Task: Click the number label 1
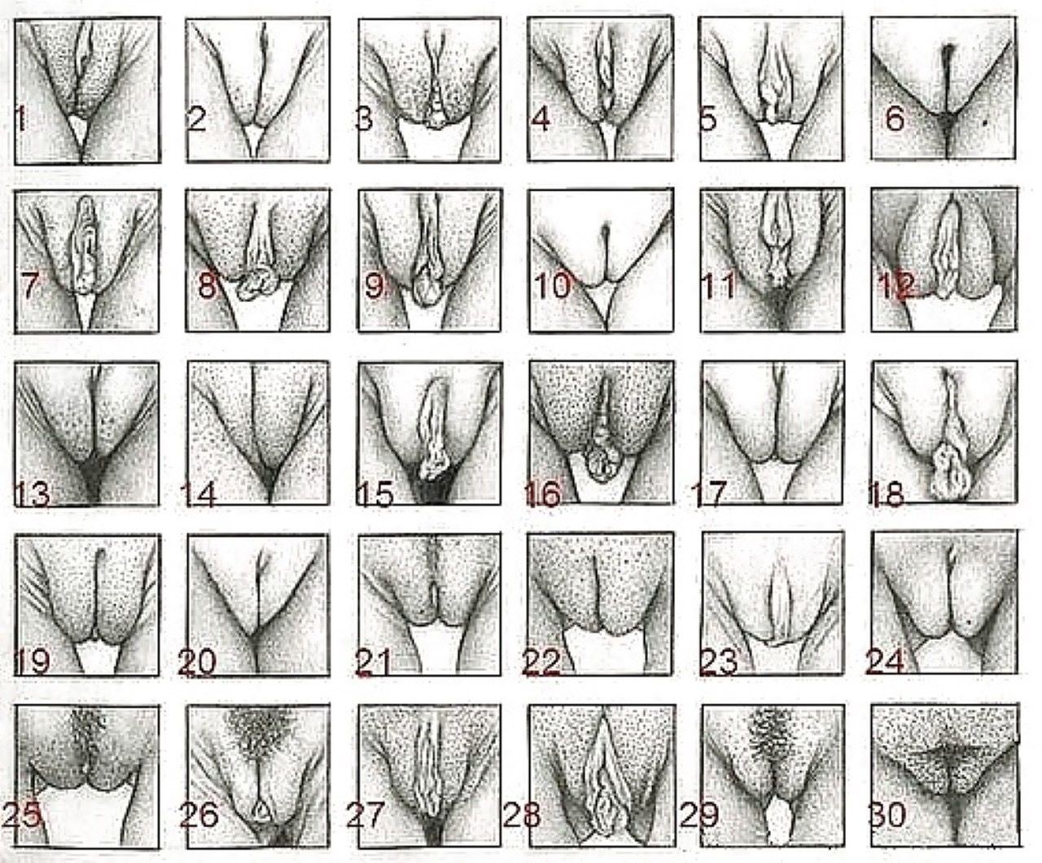point(20,119)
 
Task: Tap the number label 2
point(197,120)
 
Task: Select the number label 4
point(541,120)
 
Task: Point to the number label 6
point(895,120)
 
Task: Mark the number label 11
point(718,286)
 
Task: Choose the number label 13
point(33,494)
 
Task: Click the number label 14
point(199,495)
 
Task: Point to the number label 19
point(33,661)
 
